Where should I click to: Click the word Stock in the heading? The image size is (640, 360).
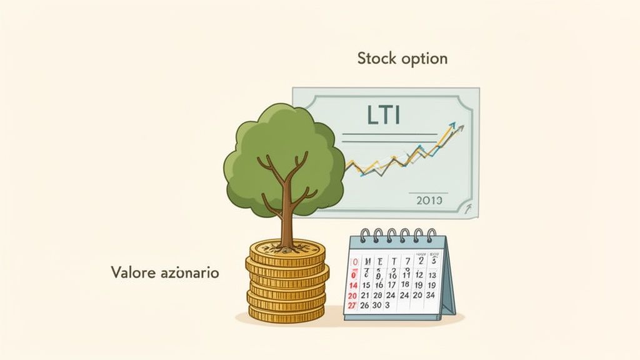pos(377,59)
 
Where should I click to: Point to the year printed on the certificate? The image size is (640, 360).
pos(429,200)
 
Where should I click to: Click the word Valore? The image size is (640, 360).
pos(132,272)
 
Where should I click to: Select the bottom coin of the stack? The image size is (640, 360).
pos(287,316)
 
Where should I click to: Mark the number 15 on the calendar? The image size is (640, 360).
pos(366,285)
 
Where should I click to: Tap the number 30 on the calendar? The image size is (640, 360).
pos(376,305)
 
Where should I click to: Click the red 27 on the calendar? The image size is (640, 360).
pos(352,305)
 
